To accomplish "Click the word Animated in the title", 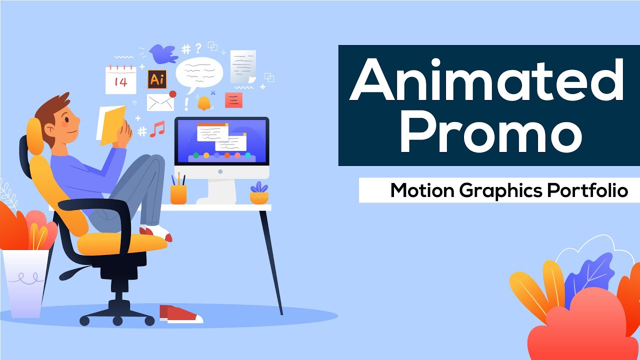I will pos(488,80).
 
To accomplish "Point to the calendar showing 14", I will pos(120,80).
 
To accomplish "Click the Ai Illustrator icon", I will pos(156,79).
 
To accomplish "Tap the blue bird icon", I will pos(163,54).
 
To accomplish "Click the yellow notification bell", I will pos(204,102).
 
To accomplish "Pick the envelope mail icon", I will pos(160,102).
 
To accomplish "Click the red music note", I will pos(157,128).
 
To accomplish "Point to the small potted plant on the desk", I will pos(259,194).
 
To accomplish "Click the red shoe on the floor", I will pos(180,313).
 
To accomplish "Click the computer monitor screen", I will pos(221,141).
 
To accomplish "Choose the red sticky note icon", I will pos(233,100).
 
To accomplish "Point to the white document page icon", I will pos(243,66).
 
